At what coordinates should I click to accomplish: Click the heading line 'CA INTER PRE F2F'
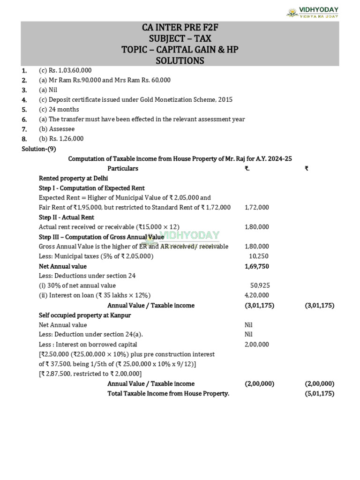point(180,27)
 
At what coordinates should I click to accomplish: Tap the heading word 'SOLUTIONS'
point(180,60)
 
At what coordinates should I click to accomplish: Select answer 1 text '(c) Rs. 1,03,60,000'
point(65,70)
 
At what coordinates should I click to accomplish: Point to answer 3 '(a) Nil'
point(48,90)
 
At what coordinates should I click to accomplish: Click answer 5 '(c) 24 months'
point(59,109)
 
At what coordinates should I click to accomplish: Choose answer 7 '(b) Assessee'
point(57,129)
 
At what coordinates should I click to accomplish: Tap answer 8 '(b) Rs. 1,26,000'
point(61,139)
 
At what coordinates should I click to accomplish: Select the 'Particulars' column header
point(123,168)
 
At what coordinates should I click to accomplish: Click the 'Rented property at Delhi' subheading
point(73,178)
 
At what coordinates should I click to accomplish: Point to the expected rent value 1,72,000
point(257,207)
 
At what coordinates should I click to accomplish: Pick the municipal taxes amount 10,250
point(259,256)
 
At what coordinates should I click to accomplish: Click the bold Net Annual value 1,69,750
point(257,266)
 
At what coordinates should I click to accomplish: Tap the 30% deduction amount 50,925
point(260,285)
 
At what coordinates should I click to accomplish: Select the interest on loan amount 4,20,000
point(257,295)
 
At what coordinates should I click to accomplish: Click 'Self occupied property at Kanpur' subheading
point(85,315)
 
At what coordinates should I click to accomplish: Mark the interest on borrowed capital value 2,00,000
point(257,345)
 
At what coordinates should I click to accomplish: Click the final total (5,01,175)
point(319,393)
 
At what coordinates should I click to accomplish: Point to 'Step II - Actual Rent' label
point(67,217)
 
